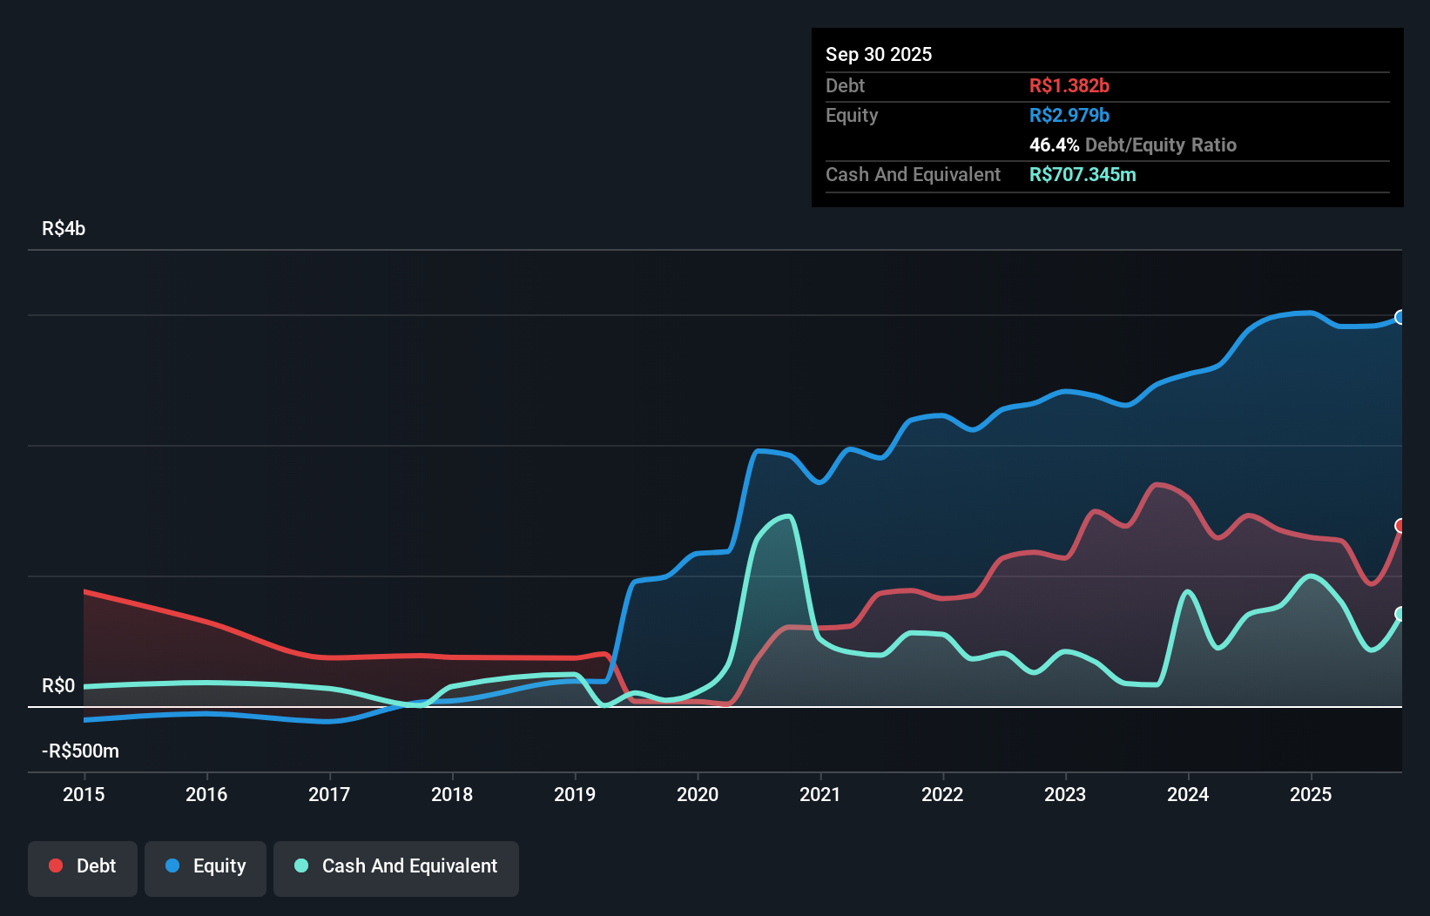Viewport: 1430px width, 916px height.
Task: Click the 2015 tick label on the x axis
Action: click(x=84, y=794)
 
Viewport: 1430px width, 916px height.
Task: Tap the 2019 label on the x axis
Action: click(x=575, y=794)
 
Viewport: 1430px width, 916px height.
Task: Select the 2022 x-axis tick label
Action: click(x=942, y=794)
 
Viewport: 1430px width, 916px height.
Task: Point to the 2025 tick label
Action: click(x=1311, y=794)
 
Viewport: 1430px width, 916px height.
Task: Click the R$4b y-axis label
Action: click(x=64, y=228)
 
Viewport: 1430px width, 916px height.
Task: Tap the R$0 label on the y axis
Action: click(x=58, y=685)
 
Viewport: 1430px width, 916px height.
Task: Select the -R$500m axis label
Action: click(x=80, y=751)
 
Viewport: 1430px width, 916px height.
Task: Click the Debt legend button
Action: click(x=83, y=866)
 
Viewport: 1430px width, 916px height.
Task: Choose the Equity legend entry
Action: click(x=206, y=866)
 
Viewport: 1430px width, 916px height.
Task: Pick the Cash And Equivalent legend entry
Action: click(x=396, y=866)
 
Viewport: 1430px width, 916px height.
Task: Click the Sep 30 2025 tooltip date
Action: click(x=879, y=54)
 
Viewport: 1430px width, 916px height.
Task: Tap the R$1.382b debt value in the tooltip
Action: click(x=1069, y=85)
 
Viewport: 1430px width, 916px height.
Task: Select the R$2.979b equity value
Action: click(x=1069, y=115)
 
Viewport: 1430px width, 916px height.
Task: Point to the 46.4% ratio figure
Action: click(x=1054, y=145)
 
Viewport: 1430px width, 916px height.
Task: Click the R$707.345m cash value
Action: click(x=1083, y=174)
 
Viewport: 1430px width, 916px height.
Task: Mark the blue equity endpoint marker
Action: click(x=1400, y=317)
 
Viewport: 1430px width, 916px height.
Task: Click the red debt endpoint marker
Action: click(x=1400, y=526)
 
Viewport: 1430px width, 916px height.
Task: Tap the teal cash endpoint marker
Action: click(x=1400, y=614)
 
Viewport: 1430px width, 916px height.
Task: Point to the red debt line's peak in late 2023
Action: click(x=1157, y=484)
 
